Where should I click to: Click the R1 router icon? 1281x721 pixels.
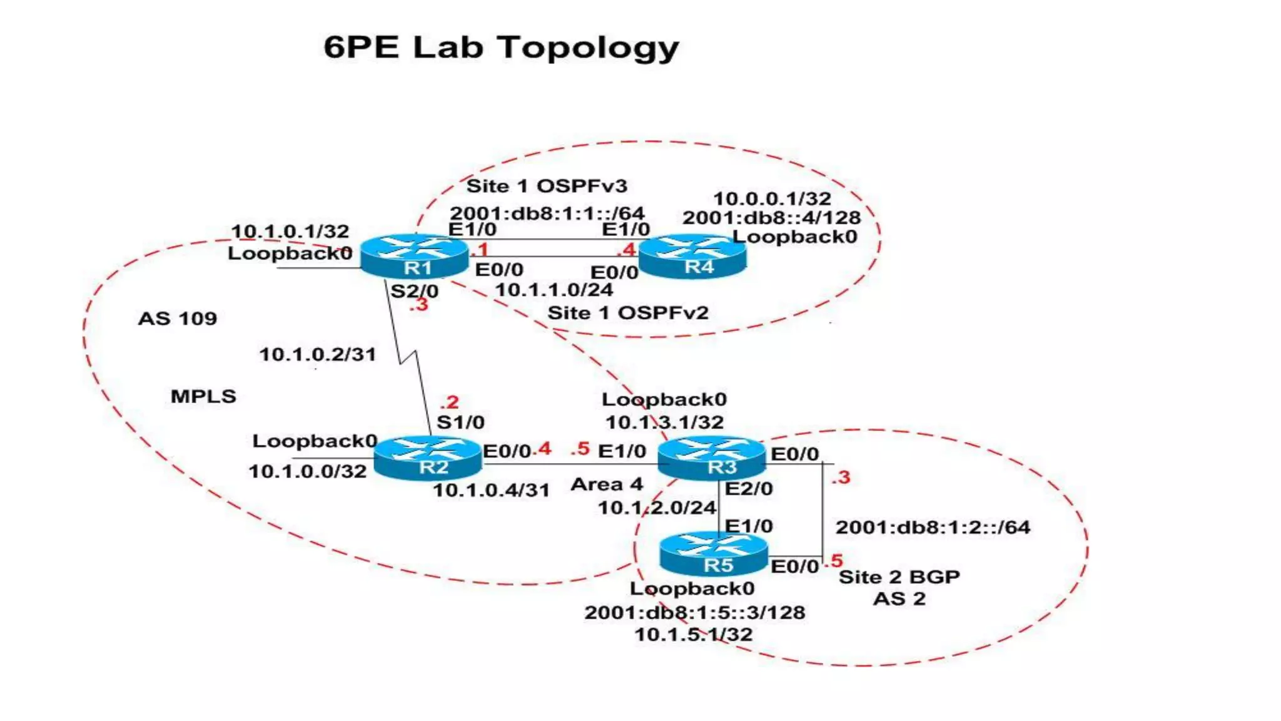[414, 256]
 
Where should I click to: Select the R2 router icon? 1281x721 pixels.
[428, 458]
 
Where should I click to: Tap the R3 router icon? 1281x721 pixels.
[712, 458]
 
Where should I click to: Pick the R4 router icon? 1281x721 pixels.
[692, 256]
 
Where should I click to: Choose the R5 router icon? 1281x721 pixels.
[714, 554]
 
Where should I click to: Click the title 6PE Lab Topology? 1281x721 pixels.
[501, 48]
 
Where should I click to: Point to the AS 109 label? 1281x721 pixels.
[178, 319]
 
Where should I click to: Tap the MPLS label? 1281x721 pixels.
[203, 396]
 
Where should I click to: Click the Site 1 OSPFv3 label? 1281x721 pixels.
[547, 186]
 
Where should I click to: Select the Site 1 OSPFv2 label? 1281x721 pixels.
[628, 312]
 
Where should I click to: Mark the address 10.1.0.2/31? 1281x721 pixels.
[318, 354]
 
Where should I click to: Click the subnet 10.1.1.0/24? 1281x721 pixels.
[554, 290]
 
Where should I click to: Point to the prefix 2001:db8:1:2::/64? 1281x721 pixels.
[933, 527]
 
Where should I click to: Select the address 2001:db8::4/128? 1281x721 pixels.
[771, 218]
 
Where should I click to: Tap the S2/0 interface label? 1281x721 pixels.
[414, 291]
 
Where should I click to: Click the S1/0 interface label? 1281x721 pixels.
[460, 422]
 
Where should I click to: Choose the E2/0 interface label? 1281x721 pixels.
[749, 488]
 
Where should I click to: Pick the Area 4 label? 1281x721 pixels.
[606, 484]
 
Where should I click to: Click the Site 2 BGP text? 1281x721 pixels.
[899, 576]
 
